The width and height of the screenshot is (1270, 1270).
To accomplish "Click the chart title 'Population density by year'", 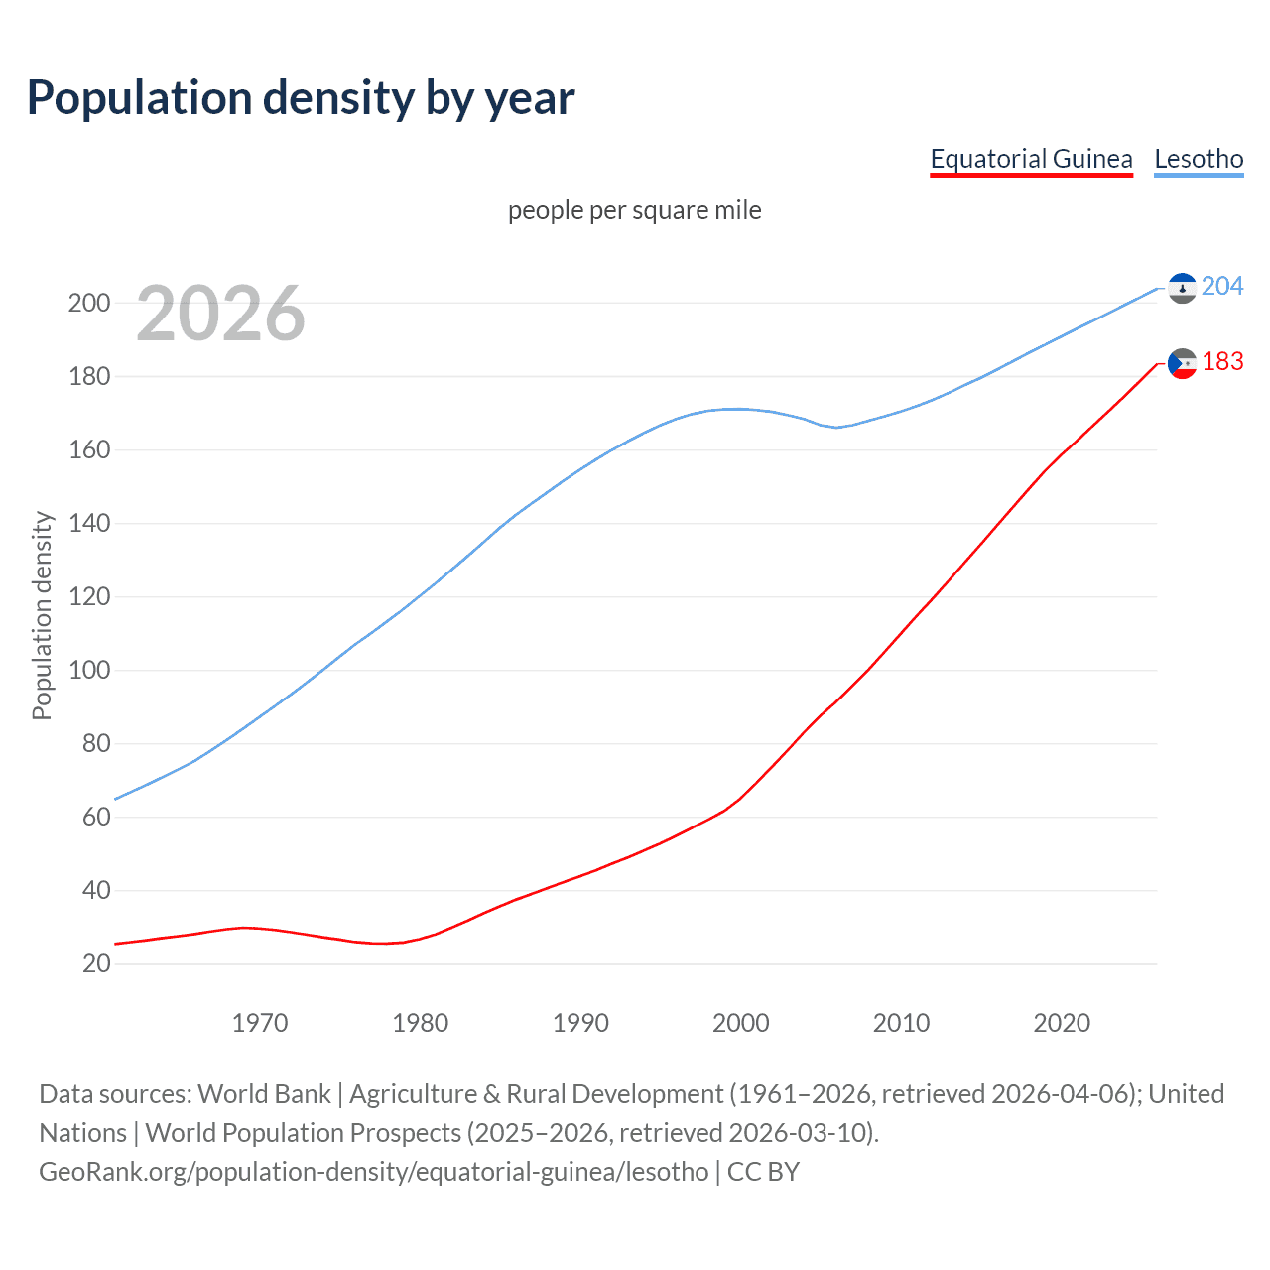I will tap(301, 98).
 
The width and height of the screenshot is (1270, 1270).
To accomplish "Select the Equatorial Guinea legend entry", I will tap(1031, 159).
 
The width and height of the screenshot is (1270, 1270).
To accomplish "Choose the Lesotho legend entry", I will tap(1199, 159).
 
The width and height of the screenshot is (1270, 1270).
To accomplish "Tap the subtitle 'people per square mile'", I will tap(635, 210).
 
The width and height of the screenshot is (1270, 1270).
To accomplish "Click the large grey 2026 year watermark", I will tap(220, 314).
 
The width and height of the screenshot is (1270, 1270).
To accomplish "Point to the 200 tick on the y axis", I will tap(89, 303).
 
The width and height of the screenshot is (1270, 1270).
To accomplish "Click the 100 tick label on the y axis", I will tap(89, 670).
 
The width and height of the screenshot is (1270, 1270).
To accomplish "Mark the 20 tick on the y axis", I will tap(96, 963).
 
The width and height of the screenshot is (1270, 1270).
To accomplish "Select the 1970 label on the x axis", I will tap(260, 1023).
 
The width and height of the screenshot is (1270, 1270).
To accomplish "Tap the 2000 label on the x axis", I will tap(741, 1023).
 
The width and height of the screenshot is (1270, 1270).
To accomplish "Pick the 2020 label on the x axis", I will tap(1062, 1023).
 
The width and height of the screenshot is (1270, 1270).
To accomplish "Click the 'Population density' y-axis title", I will tap(42, 615).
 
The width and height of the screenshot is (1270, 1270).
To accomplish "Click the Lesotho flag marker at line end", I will tap(1182, 288).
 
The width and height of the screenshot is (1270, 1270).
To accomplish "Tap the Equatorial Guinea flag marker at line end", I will tap(1182, 364).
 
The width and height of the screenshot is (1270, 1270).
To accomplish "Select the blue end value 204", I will tap(1222, 286).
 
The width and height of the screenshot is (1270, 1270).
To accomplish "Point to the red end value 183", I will tap(1222, 362).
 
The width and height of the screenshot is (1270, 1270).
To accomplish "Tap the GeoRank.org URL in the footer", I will tap(373, 1172).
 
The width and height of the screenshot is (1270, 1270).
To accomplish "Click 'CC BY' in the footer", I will tap(763, 1172).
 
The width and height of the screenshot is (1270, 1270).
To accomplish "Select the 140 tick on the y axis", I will tap(89, 523).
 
